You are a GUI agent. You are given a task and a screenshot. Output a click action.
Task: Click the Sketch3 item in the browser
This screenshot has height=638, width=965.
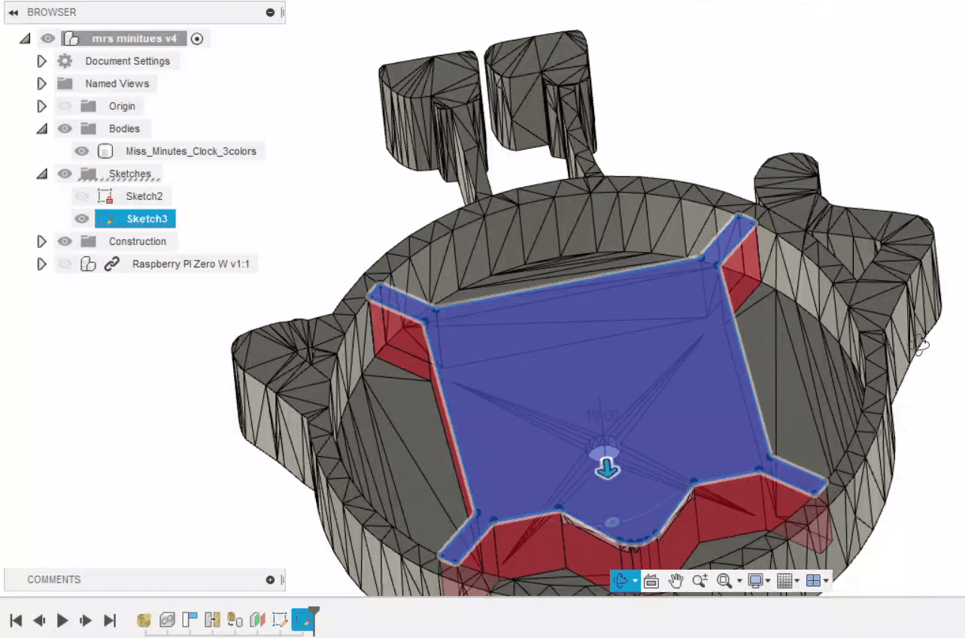click(x=146, y=219)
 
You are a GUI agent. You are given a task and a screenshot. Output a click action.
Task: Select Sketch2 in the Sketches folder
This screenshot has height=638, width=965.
click(x=144, y=196)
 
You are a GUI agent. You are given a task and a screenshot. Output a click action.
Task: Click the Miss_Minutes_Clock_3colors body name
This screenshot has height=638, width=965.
click(x=190, y=151)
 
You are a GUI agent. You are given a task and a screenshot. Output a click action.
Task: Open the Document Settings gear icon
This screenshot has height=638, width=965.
click(x=65, y=61)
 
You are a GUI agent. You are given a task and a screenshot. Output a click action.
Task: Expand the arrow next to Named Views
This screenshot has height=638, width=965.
click(x=42, y=83)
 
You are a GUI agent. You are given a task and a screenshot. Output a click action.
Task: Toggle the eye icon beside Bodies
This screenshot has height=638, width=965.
click(x=65, y=129)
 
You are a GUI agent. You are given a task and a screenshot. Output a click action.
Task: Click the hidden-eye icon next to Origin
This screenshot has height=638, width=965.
click(x=65, y=106)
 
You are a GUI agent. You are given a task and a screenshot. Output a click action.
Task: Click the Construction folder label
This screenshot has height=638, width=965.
click(x=137, y=241)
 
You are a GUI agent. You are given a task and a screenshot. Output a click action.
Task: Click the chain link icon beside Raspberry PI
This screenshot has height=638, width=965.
click(x=111, y=264)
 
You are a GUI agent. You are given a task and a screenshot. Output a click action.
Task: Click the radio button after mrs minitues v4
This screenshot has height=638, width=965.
click(x=197, y=38)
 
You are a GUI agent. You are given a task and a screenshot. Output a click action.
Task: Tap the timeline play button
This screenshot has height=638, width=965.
click(x=63, y=620)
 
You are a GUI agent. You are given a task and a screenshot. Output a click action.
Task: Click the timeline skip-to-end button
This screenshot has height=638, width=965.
click(x=110, y=620)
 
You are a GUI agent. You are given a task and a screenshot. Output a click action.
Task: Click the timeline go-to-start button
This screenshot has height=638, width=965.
click(x=16, y=620)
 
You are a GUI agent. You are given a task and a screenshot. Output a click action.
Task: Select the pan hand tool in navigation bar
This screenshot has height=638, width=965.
click(x=675, y=580)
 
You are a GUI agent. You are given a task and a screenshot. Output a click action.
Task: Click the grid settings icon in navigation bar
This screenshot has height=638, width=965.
click(x=784, y=580)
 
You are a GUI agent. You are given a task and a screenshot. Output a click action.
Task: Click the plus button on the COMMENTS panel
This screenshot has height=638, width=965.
click(x=270, y=579)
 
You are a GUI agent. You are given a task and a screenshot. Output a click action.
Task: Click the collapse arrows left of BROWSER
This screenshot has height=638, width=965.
click(x=13, y=13)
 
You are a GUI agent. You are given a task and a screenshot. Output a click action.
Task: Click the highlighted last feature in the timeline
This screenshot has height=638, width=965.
click(x=302, y=620)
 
